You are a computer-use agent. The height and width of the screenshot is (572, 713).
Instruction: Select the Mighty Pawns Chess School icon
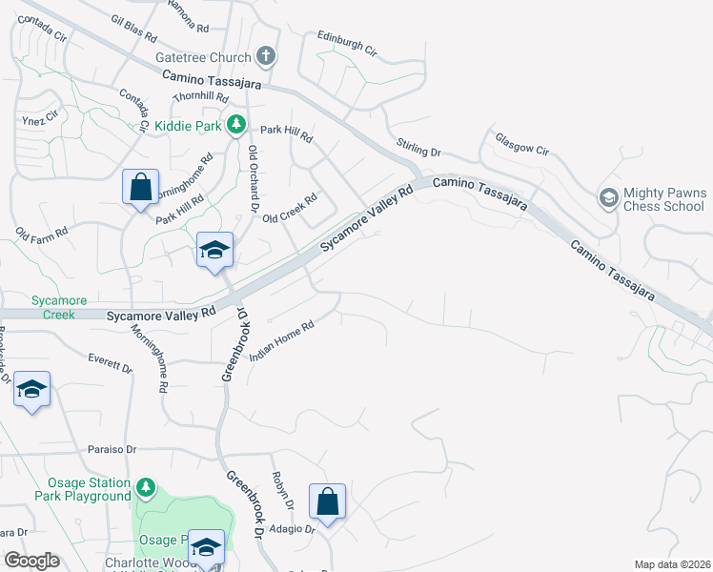coord(606,198)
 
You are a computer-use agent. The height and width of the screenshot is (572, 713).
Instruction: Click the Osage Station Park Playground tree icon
coord(146,488)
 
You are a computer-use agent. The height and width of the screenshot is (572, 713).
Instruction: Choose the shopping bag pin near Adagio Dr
coord(327,501)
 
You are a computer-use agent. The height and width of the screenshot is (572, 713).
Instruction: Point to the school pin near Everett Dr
coord(31,390)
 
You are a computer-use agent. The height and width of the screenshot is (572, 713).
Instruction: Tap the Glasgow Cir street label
coord(522,143)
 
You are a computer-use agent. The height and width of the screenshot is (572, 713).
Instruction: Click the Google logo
coord(32,561)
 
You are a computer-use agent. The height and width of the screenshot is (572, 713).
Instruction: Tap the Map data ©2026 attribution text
coord(671,564)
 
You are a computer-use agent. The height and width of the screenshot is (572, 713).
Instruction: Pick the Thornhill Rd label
coord(200,97)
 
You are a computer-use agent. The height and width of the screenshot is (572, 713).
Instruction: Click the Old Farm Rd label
coord(41,232)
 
